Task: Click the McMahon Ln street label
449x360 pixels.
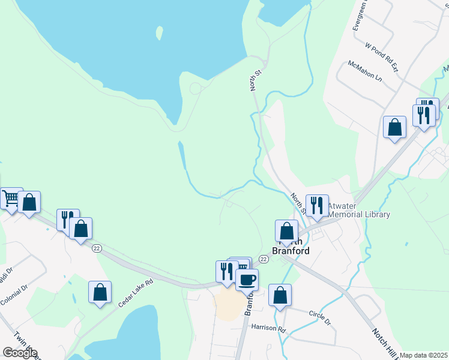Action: tap(364, 70)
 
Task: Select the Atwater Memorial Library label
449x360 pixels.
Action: tap(359, 210)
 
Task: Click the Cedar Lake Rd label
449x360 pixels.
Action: tap(136, 295)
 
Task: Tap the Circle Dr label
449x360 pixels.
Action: tap(319, 317)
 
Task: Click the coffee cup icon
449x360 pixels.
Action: tap(247, 279)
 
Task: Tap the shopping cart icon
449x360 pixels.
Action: tap(10, 198)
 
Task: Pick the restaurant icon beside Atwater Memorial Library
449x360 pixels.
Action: tap(317, 206)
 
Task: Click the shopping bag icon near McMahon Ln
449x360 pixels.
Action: tap(394, 127)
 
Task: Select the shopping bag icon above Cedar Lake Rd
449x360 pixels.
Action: tap(100, 292)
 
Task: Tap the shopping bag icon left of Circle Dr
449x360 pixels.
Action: tap(280, 295)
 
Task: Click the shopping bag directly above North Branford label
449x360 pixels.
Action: tap(287, 230)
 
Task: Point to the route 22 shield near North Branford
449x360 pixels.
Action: tap(264, 258)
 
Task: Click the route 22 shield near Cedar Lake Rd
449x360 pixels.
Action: tap(96, 248)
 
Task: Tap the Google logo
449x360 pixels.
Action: tap(20, 353)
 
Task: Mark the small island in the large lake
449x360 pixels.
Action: tap(159, 32)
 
